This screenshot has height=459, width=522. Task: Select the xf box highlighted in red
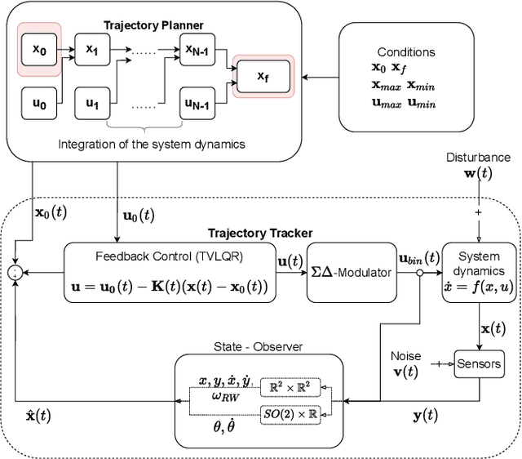(x=261, y=77)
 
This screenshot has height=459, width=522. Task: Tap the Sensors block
(x=479, y=363)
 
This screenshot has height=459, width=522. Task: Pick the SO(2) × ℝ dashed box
(x=289, y=414)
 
